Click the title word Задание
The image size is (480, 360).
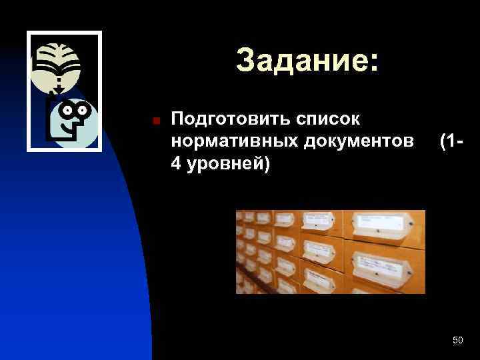tap(299, 61)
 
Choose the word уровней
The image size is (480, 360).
tap(225, 165)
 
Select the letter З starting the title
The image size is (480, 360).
tap(245, 61)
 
